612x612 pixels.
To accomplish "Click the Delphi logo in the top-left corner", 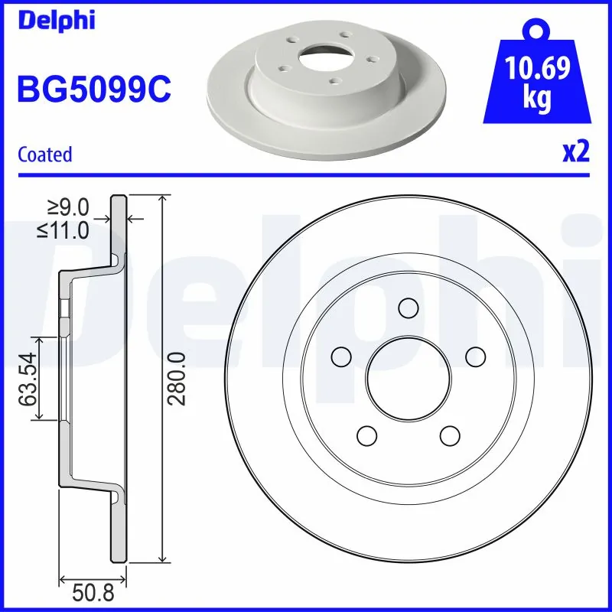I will pos(56,20).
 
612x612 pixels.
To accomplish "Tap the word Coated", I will pos(44,155).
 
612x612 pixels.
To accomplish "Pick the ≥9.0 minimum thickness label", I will pos(69,207).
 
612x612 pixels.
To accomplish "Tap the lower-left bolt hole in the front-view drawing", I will pos(368,435).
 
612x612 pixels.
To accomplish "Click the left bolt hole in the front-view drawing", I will pos(341,356).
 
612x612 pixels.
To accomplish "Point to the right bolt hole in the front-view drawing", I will pos(476,356).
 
